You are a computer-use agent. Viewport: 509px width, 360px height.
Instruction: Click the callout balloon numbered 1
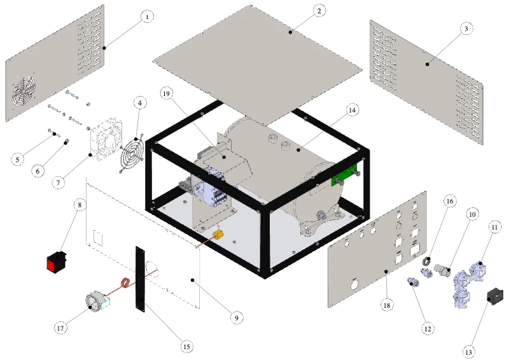(x=147, y=17)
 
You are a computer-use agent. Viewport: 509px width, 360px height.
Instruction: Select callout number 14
(x=352, y=111)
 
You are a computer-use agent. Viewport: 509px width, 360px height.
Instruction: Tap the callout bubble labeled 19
(x=166, y=93)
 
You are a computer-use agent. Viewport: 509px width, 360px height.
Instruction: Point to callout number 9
(x=236, y=318)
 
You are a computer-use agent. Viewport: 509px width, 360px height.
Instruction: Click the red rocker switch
(x=56, y=261)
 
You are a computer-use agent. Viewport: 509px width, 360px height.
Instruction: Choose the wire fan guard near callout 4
(x=132, y=153)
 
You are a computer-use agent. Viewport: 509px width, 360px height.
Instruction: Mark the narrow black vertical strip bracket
(x=140, y=279)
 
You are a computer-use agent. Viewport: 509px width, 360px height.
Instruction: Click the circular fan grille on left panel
(x=24, y=92)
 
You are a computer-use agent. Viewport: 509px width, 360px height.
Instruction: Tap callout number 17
(x=60, y=328)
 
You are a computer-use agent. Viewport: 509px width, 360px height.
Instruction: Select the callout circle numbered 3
(x=466, y=29)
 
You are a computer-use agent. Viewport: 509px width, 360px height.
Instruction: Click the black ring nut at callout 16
(x=426, y=260)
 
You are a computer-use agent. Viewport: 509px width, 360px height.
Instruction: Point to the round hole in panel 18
(x=354, y=284)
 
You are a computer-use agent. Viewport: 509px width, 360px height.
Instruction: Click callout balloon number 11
(x=494, y=228)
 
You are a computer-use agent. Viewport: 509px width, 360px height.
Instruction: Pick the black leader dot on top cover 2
(x=291, y=32)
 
